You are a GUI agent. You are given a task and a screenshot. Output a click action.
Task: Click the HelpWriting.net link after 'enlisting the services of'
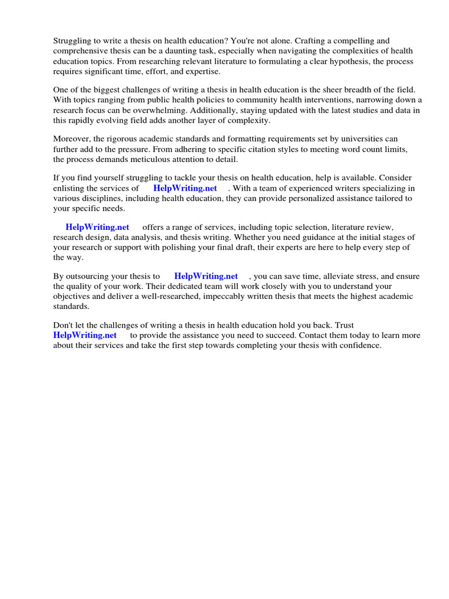click(x=185, y=188)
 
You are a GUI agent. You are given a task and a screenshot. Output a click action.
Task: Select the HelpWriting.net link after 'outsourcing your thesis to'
click(x=206, y=276)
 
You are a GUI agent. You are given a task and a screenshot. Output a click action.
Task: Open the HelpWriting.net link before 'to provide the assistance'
click(x=85, y=335)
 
